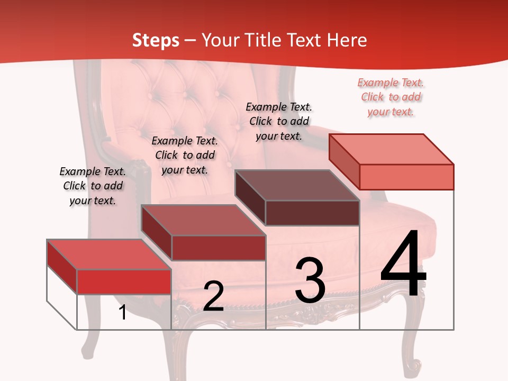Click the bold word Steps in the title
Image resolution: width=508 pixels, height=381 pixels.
pos(156,40)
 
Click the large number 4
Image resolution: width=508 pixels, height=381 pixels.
pos(403,265)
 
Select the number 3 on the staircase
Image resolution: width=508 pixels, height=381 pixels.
pos(310,280)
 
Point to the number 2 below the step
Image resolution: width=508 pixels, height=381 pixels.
pos(213,296)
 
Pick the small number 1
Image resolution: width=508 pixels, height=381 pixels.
pos(123,313)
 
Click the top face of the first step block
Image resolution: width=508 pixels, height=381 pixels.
pos(109,255)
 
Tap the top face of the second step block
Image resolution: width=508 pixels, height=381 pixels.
pos(203,220)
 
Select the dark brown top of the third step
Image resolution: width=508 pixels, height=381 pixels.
pos(297,185)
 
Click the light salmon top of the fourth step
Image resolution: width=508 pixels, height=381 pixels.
pos(391,149)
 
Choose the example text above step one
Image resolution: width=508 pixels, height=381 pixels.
pos(93,186)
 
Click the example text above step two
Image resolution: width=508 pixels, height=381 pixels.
pos(185,155)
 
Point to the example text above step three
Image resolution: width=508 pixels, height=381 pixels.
pos(279,121)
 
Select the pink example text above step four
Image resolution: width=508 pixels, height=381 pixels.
pos(391,97)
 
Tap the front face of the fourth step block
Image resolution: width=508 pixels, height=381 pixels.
pos(406,177)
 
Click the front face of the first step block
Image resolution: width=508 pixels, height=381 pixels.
pos(124,282)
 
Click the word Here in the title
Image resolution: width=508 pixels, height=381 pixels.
pos(347,40)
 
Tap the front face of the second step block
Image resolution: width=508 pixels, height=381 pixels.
pos(218,248)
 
